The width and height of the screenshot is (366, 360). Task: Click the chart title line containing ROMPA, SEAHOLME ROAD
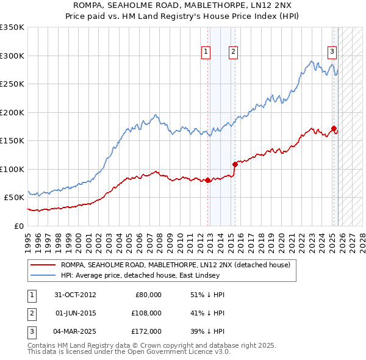(x=183, y=5)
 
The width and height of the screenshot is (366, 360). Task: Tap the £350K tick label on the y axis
(x=12, y=27)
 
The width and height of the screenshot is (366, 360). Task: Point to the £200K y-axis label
(x=12, y=112)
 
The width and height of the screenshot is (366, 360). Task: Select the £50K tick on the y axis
(x=15, y=198)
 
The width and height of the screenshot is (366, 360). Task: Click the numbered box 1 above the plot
(x=206, y=52)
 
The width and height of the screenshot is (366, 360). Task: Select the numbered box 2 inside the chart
(x=233, y=52)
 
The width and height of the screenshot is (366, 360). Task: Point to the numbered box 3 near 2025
(x=332, y=52)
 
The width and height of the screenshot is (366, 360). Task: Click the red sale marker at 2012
(x=208, y=180)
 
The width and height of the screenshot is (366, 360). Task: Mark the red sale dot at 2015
(x=235, y=164)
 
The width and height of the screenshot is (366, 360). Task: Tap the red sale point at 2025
(x=334, y=128)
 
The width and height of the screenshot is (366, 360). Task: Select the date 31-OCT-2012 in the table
(x=76, y=295)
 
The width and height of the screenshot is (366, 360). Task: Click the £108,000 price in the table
(x=147, y=313)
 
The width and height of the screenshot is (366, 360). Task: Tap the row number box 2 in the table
(x=30, y=313)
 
